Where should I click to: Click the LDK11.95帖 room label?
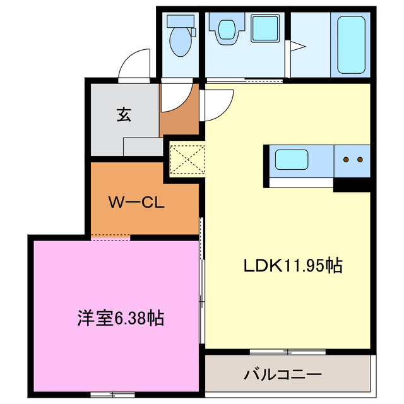pyautogui.click(x=293, y=266)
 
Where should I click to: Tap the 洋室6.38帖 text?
pyautogui.click(x=122, y=318)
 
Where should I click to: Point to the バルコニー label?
pyautogui.click(x=283, y=374)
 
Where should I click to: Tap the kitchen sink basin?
pyautogui.click(x=292, y=159)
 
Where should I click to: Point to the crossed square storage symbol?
pyautogui.click(x=186, y=158)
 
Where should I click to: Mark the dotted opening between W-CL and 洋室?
pyautogui.click(x=110, y=237)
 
